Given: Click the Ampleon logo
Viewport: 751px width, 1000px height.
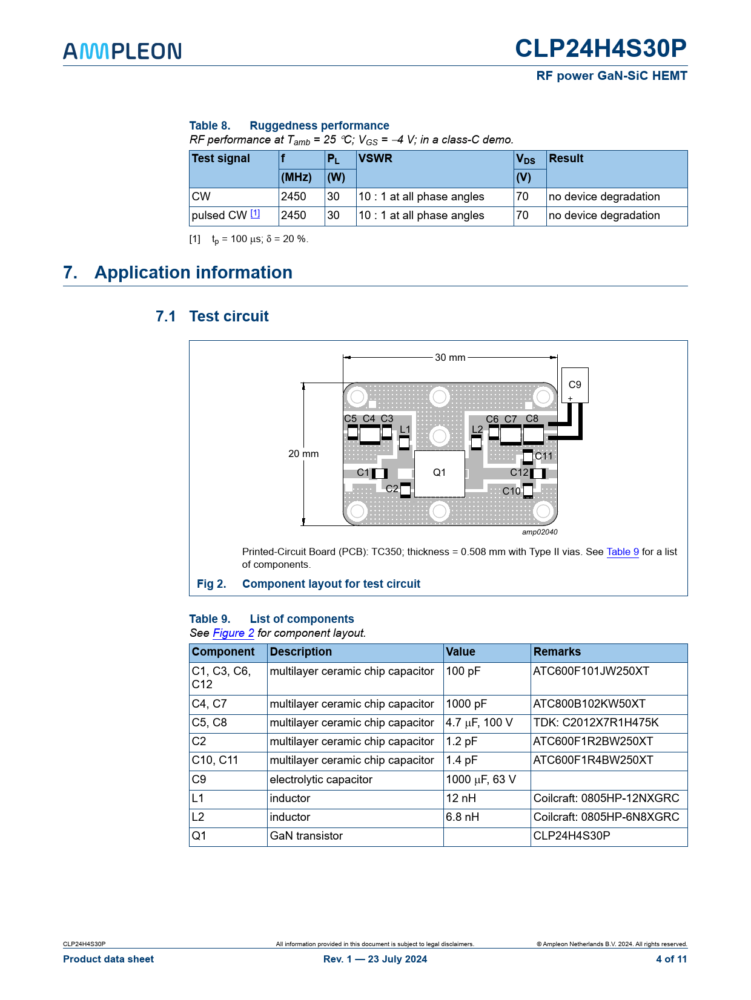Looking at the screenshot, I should (x=122, y=51).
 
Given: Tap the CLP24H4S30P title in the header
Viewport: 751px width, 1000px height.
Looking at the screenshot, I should (x=600, y=48).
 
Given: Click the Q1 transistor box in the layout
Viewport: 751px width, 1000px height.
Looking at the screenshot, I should (x=439, y=473).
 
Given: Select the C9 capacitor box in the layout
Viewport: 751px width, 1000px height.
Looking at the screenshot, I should (x=575, y=385).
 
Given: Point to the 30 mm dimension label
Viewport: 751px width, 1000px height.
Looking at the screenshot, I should (x=450, y=357).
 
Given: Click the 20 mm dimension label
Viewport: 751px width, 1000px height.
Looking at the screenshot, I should (x=303, y=453).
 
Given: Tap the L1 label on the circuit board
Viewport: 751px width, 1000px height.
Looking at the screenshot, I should (x=405, y=429).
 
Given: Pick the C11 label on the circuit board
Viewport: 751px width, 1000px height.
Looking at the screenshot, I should (x=543, y=456).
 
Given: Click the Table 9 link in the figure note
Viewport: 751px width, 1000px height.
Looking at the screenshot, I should (x=623, y=551).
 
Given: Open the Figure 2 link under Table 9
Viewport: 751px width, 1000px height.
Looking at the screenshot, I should (x=233, y=633).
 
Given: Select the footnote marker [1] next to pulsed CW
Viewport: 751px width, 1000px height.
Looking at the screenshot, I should (x=255, y=213).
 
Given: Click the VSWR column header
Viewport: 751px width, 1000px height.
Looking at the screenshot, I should (x=375, y=159).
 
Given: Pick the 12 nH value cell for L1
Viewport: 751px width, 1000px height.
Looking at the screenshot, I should (x=462, y=798).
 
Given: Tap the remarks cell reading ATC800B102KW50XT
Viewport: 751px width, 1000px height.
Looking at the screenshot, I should (x=589, y=704).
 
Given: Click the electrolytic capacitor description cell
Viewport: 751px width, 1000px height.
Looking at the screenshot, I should (x=321, y=780).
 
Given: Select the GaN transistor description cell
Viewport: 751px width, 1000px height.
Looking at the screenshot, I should (x=306, y=836).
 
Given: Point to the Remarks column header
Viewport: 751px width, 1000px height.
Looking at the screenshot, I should (x=557, y=652).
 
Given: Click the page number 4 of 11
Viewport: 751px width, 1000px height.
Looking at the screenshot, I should (x=671, y=959).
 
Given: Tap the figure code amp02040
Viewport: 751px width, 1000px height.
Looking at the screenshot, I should (x=540, y=532).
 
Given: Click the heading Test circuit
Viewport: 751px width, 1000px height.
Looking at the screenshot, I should (x=229, y=317).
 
